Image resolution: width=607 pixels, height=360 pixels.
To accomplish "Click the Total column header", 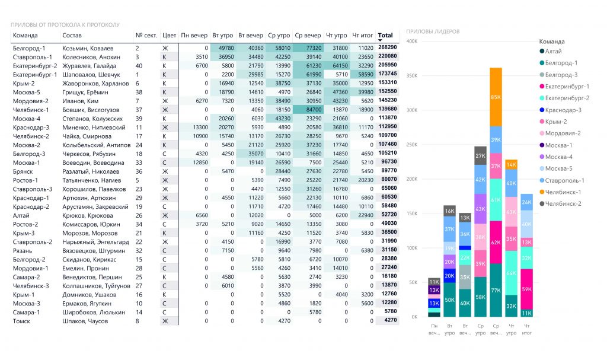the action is (x=385, y=35).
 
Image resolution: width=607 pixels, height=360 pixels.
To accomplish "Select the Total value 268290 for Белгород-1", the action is (x=388, y=47).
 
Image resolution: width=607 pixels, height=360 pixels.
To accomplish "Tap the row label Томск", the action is (x=21, y=321).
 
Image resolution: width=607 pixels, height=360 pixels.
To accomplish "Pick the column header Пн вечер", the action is (x=194, y=35).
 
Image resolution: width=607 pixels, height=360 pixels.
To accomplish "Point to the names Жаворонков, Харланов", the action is (x=95, y=83).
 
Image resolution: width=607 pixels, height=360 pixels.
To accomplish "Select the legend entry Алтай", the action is (x=551, y=51).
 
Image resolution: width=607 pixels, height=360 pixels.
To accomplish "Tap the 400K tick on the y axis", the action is (x=412, y=41).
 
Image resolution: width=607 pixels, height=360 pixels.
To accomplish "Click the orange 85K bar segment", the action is (x=496, y=97).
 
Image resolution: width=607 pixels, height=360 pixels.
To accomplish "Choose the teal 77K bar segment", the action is (x=496, y=290).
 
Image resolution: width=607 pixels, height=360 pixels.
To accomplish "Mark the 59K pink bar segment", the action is (x=526, y=289).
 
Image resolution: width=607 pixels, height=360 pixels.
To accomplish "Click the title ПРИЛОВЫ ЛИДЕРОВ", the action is (x=433, y=31).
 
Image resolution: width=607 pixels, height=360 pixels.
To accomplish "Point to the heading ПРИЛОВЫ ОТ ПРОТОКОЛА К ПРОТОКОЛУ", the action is (x=65, y=25).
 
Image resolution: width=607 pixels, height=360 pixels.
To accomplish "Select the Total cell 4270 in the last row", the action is (x=391, y=320).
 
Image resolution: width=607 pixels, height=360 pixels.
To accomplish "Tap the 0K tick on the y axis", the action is (x=414, y=317).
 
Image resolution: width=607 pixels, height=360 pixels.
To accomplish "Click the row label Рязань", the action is (x=23, y=251).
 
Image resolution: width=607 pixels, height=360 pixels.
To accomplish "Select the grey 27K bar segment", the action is (x=480, y=156).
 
